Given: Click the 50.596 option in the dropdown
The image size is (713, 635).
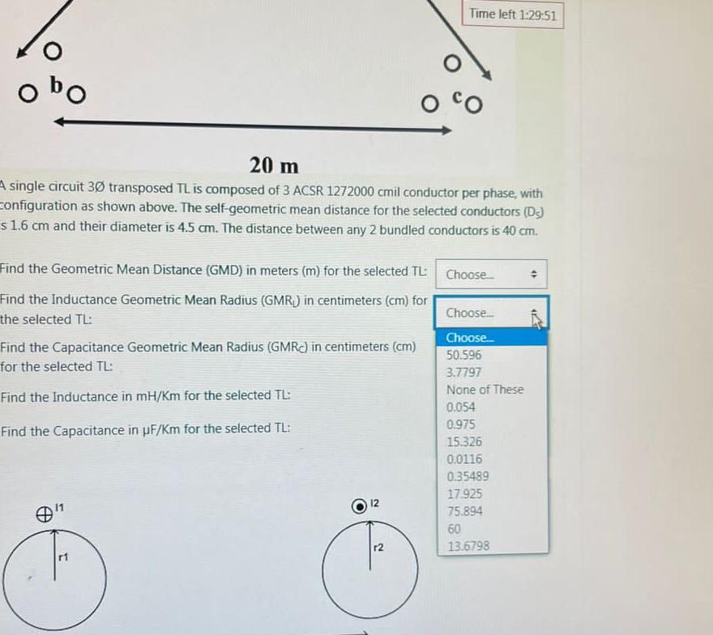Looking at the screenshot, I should click(464, 355).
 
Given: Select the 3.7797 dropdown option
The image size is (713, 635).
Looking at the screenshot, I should click(464, 373).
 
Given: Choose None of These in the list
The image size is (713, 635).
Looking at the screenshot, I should click(485, 390).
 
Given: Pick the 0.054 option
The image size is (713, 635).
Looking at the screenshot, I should click(461, 407).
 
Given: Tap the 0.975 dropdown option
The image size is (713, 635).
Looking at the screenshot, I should click(461, 424).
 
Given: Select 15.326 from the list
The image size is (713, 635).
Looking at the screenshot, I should click(464, 442).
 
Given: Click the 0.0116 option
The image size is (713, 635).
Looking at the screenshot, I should click(464, 459).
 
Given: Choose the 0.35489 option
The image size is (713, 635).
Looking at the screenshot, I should click(468, 476).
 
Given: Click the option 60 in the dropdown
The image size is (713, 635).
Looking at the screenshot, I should click(454, 529).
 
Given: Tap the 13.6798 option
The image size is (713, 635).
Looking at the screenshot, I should click(468, 546).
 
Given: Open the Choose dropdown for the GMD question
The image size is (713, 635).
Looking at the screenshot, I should click(492, 275).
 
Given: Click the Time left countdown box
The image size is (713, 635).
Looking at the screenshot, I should click(513, 15).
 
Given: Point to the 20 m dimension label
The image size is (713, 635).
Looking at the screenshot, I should click(274, 165).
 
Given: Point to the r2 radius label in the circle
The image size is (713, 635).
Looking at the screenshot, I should click(378, 548).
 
